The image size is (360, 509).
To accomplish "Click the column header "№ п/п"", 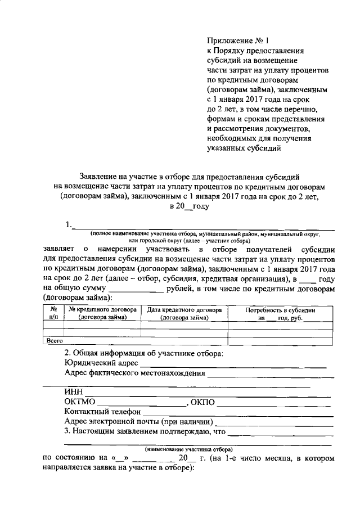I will point(53,313).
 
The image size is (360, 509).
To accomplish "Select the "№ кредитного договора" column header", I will point(102,313).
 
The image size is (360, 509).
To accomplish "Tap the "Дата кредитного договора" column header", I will point(184,313).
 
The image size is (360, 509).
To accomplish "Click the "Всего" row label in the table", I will point(54,340).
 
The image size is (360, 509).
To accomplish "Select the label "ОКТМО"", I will point(80,403).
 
